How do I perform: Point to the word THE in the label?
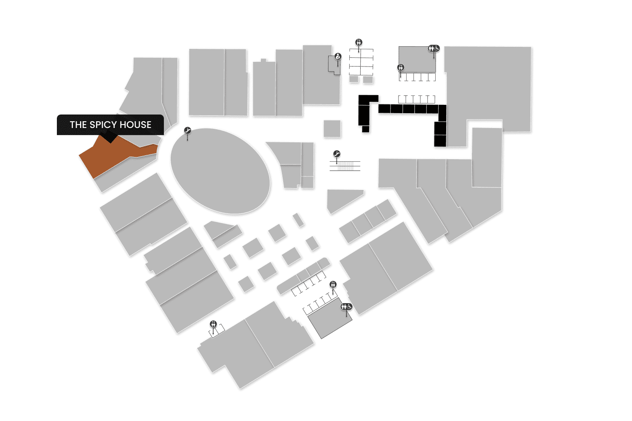click(x=78, y=125)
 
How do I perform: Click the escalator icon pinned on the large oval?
click(x=187, y=131)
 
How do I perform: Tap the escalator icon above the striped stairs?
click(x=336, y=154)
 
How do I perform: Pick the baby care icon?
click(x=338, y=56)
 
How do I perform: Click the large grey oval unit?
click(x=220, y=171)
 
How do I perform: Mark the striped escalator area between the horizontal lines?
click(x=345, y=166)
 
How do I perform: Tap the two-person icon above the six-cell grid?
click(x=359, y=42)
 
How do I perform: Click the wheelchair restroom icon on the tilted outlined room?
click(x=347, y=306)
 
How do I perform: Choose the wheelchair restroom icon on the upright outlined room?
click(x=434, y=48)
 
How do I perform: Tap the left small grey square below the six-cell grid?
click(x=353, y=79)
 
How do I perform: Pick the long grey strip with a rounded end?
click(x=303, y=275)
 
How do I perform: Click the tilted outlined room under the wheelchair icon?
click(x=330, y=320)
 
